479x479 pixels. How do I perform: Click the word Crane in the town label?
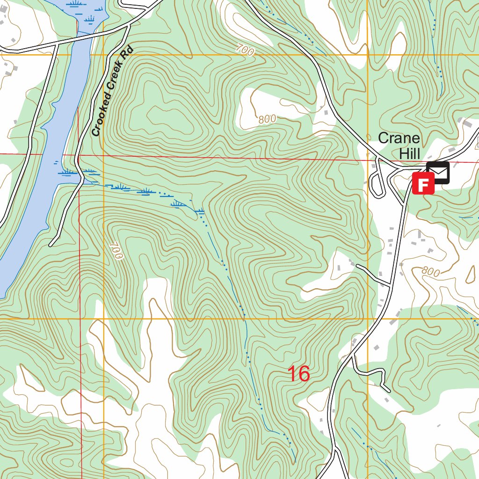coord(399,138)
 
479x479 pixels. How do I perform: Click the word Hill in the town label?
coord(410,153)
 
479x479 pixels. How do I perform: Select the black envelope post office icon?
coord(438,173)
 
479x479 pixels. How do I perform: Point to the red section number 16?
coord(298,374)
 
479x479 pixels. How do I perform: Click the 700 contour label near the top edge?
coord(245,50)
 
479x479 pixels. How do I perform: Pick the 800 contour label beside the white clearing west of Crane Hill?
coord(267,119)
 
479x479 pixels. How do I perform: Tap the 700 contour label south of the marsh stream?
coord(116,251)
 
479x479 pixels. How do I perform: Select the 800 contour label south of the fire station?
coord(430,271)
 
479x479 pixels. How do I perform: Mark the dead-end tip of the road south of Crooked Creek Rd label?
coord(51,245)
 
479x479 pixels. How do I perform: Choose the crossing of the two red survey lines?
coord(79,155)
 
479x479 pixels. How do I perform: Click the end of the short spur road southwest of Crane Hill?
coord(357,266)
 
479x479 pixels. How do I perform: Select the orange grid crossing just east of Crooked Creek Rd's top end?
coord(103,55)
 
